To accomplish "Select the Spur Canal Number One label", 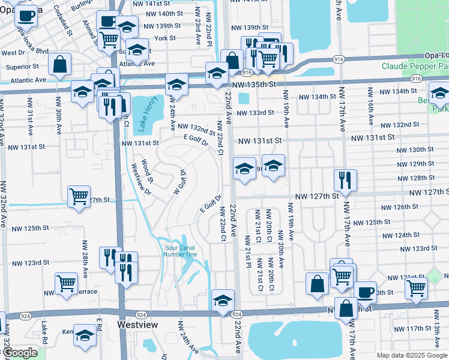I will [180, 250].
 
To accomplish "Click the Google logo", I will [20, 353].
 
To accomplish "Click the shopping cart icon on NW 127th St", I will [79, 196].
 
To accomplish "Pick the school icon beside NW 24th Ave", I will [176, 84].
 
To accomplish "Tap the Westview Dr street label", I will [137, 178].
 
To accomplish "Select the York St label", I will [164, 38].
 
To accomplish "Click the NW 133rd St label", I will [255, 112].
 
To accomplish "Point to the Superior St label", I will [22, 67].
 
